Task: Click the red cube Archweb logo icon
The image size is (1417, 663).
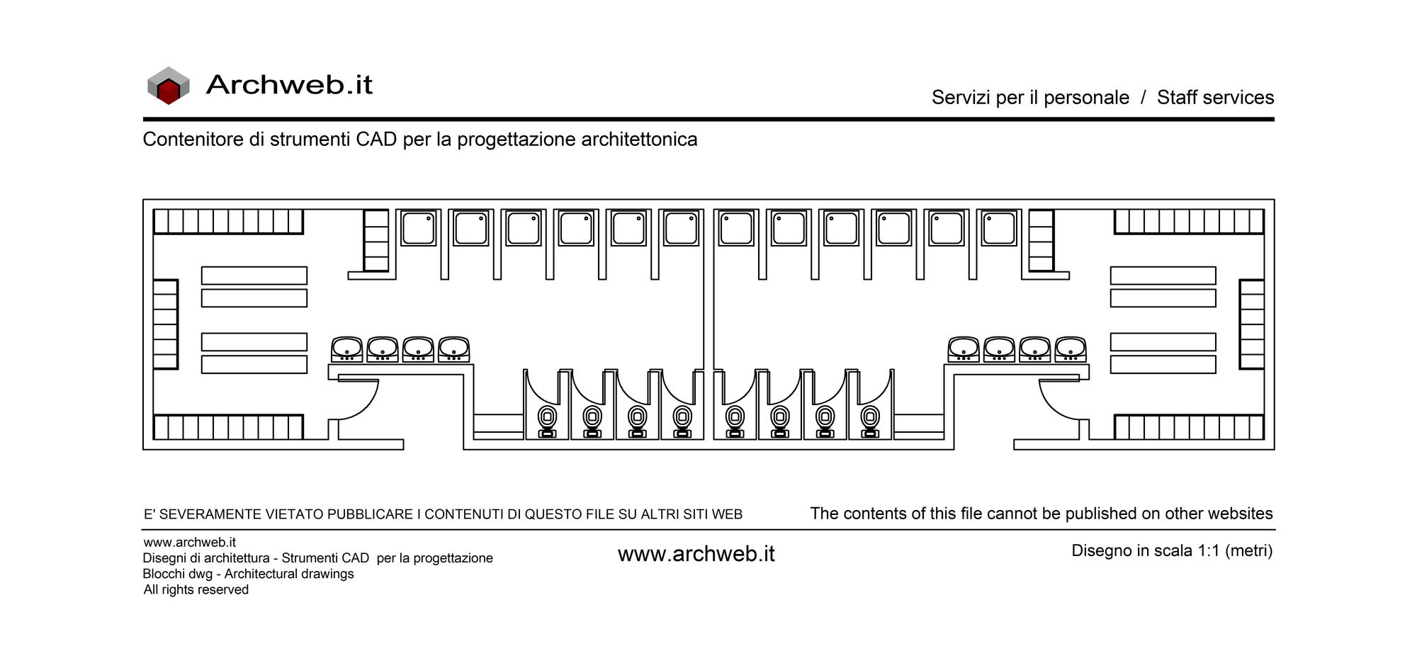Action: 169,86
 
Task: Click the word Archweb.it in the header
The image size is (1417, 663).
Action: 289,85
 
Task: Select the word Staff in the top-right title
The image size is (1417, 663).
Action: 1185,97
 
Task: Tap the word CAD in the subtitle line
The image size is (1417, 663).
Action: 376,139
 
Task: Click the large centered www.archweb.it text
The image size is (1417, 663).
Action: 696,554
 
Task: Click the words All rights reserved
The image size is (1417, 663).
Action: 196,589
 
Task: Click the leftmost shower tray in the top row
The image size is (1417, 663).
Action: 418,228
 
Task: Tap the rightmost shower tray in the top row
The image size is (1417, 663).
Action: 999,228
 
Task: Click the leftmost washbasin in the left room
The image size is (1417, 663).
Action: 347,349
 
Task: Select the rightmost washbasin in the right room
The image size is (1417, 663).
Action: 1071,349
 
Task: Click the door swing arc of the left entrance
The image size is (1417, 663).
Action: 367,406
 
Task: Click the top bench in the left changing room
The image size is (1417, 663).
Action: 254,276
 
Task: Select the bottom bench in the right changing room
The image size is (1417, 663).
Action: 1163,365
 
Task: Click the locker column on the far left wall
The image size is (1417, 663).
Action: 166,324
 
